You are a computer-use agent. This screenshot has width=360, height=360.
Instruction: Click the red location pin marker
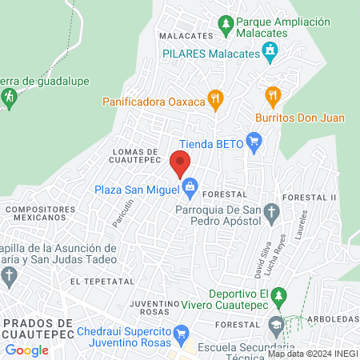click(x=180, y=163)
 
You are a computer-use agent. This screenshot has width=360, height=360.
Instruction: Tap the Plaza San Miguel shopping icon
click(x=190, y=190)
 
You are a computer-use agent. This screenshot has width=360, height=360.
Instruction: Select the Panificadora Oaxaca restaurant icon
click(x=214, y=101)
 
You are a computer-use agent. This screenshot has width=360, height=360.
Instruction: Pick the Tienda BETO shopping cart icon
click(x=255, y=144)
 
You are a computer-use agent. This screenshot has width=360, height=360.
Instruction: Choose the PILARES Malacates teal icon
click(x=270, y=54)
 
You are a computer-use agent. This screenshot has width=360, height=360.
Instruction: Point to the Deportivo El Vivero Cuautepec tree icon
click(x=278, y=299)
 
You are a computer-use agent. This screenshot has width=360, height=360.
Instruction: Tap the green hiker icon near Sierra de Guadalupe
click(x=9, y=98)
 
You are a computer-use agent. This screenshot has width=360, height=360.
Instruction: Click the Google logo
click(x=26, y=350)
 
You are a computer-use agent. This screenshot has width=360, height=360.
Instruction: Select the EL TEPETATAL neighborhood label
click(x=99, y=282)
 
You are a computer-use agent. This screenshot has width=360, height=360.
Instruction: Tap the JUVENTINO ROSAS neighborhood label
click(x=152, y=307)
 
